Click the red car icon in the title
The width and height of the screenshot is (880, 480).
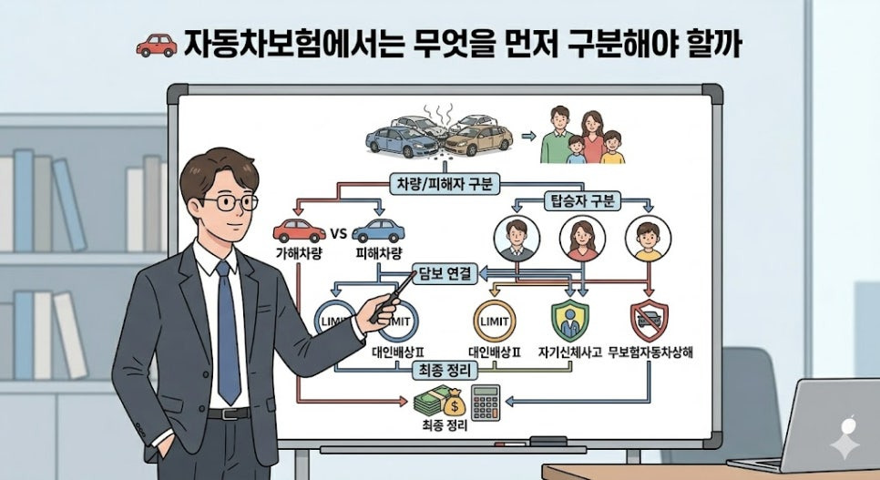point(157,46)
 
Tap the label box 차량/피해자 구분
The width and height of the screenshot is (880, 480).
point(445,184)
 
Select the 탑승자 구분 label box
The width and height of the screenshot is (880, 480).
point(582,201)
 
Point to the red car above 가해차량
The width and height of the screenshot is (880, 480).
point(299,230)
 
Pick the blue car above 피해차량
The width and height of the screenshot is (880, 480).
point(378,230)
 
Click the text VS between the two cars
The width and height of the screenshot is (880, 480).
point(338,233)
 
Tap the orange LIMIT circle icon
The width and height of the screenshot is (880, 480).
point(495,322)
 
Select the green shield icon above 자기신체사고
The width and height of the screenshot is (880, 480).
point(569,321)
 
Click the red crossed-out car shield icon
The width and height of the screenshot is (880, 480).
point(649,321)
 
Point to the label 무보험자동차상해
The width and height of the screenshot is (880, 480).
point(650,352)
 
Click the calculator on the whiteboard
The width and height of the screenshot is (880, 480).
point(486,403)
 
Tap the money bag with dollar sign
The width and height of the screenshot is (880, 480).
point(454,402)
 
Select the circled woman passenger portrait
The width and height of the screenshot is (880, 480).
point(582,239)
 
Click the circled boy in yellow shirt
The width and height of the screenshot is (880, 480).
point(649,239)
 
